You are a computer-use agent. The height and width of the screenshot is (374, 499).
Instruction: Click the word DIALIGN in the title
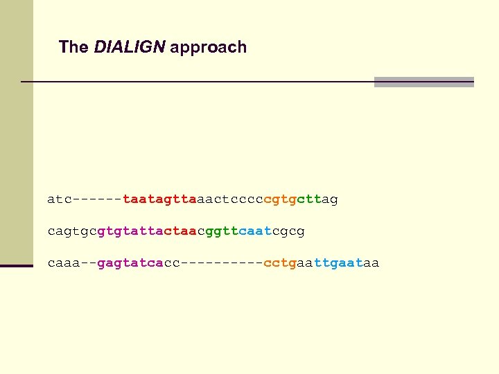coord(130,47)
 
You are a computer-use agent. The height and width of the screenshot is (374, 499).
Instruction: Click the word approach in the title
coord(208,48)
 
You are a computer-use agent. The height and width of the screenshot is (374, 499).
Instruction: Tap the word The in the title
coord(73,47)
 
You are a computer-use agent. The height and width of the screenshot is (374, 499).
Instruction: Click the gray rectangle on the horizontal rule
coord(423,82)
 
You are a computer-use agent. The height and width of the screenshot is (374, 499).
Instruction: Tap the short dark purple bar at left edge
coord(17,265)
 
